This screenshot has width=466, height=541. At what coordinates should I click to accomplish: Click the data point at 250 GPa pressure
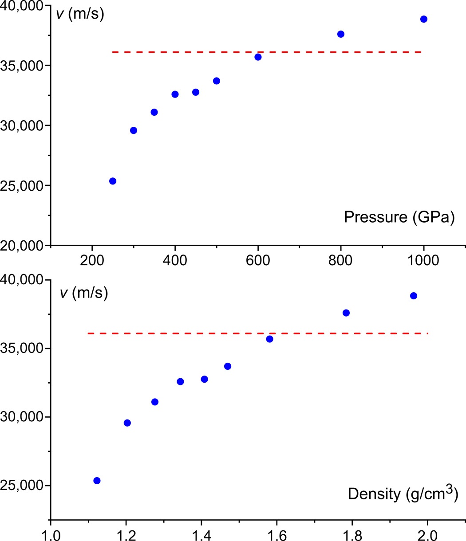pos(113,181)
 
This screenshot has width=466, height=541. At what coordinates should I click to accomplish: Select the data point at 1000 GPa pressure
pos(424,19)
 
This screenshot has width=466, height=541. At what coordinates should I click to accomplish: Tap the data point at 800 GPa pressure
pos(341,34)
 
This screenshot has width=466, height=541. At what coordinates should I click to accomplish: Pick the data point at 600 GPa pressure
pos(258,57)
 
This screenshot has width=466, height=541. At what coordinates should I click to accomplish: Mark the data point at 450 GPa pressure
pos(196,92)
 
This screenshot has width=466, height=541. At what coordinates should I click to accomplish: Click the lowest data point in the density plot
pos(97,481)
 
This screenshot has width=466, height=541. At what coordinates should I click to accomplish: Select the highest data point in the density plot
pos(414,296)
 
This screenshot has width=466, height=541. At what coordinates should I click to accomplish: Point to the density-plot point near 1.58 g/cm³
pos(269,339)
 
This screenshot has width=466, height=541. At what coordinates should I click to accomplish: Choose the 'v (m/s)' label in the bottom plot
pos(84,294)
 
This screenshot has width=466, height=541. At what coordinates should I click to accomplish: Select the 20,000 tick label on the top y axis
pos(24,245)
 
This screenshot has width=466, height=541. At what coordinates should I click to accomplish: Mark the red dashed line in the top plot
pos(266,52)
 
